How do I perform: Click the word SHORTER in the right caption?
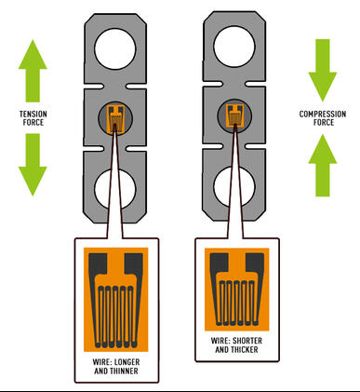(x=249, y=339)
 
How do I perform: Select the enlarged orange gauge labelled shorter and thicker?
(x=236, y=283)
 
